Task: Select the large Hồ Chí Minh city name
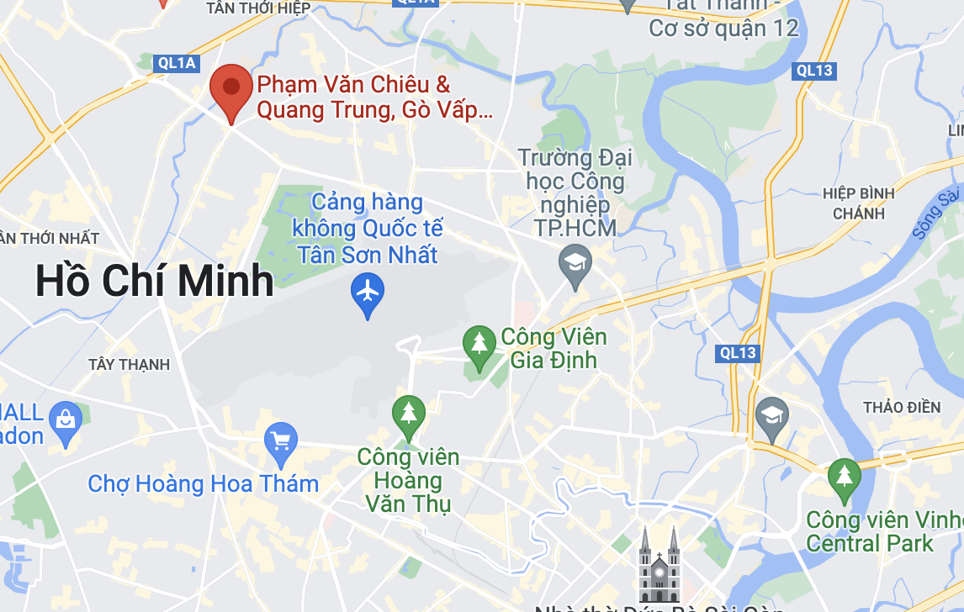pos(155,282)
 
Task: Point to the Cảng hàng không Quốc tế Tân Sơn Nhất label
pos(367,229)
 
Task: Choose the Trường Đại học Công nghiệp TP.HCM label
pos(575,193)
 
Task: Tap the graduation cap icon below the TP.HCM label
pos(575,263)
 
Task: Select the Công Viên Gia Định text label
pos(554,348)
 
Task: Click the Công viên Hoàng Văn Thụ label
pos(409,481)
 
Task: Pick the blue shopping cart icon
pos(280,440)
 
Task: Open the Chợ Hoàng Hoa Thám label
pos(204,484)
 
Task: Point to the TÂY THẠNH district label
pos(129,365)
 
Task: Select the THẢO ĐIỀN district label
pos(902,408)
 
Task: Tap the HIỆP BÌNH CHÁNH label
pos(859,203)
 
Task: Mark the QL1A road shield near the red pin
pos(177,62)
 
